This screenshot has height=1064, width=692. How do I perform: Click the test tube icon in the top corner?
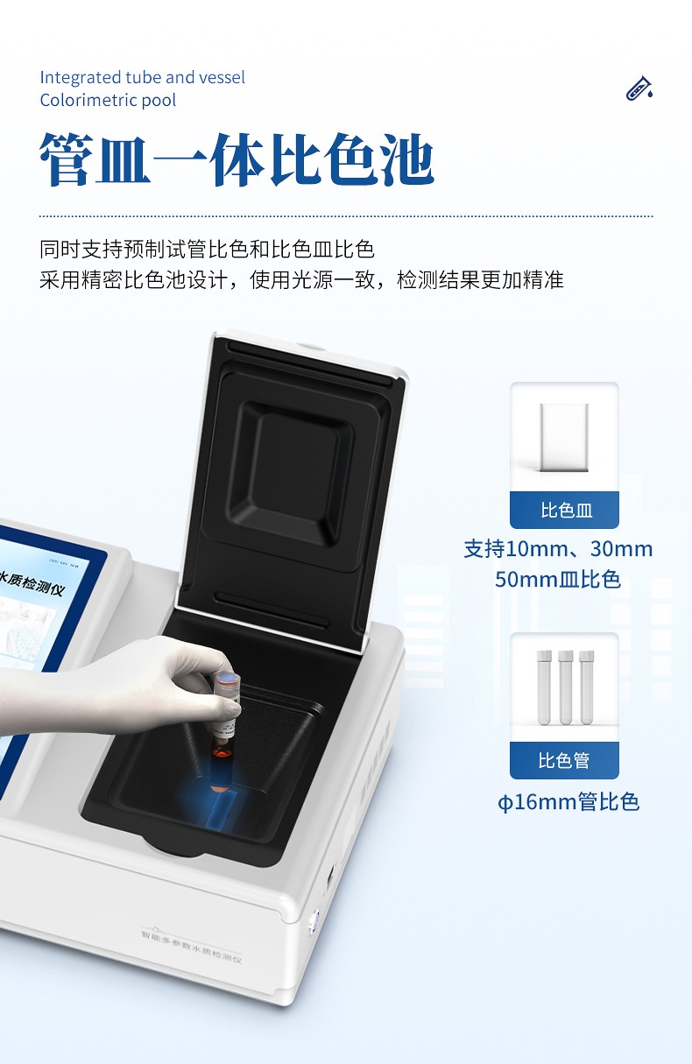[x=639, y=88]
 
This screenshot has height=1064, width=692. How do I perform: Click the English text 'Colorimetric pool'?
[x=108, y=100]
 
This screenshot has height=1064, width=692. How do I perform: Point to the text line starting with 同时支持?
[x=207, y=250]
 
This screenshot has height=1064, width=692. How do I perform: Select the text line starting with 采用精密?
[x=301, y=280]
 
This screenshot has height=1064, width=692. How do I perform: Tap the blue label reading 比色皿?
[x=565, y=511]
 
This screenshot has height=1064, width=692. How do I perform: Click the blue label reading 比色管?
[x=565, y=760]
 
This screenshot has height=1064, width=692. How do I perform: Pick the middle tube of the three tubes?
[x=565, y=687]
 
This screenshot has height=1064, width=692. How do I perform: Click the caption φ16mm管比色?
[x=568, y=802]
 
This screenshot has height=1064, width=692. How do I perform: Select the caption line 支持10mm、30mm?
[x=558, y=550]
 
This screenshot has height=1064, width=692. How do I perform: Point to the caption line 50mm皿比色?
[x=558, y=579]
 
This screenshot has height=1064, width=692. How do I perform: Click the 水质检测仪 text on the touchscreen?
[x=33, y=585]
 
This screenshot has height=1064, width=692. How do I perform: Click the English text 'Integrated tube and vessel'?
[x=142, y=77]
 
